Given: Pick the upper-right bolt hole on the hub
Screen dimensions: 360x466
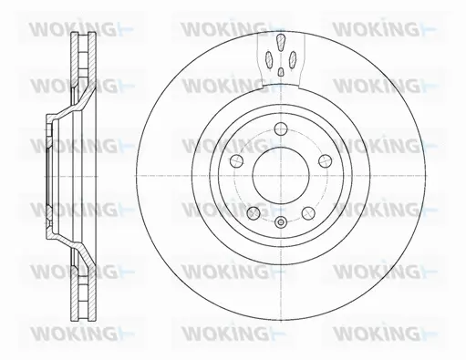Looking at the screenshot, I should click(x=321, y=159).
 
